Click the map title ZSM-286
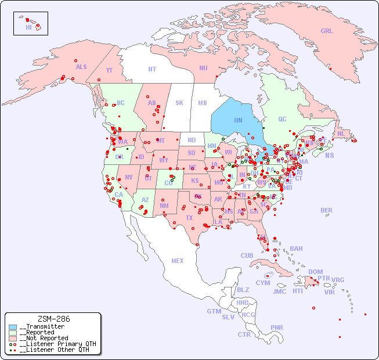click(53, 319)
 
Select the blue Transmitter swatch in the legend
click(13, 327)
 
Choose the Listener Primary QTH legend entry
click(57, 344)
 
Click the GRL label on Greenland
click(327, 31)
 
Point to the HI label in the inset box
click(28, 27)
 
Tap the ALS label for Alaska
click(81, 67)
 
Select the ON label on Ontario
click(238, 120)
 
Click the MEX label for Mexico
click(178, 261)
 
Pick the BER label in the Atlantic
click(327, 210)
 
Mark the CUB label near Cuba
click(247, 255)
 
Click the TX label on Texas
click(189, 218)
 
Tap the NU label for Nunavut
click(203, 68)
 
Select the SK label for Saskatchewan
click(179, 103)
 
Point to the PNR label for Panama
click(277, 327)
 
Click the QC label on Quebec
click(282, 119)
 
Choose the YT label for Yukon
click(109, 70)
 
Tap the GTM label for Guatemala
click(214, 311)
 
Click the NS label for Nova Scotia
click(330, 155)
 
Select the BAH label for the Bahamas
click(296, 249)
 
